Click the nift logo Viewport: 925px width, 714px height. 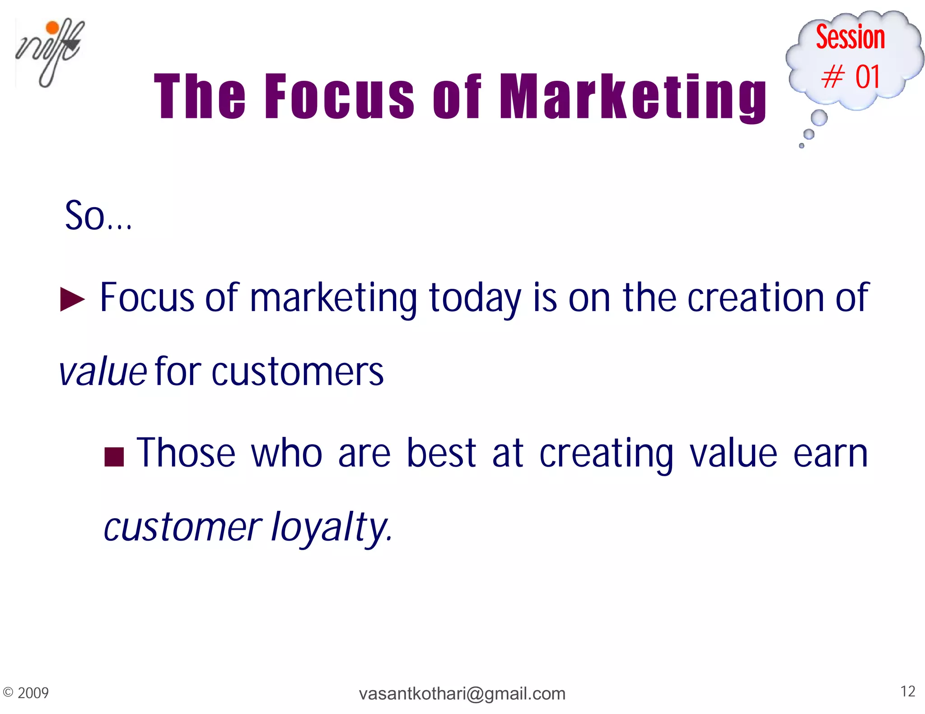pyautogui.click(x=49, y=53)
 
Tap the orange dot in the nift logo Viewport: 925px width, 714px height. pyautogui.click(x=53, y=28)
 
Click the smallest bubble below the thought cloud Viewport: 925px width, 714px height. pyautogui.click(x=802, y=145)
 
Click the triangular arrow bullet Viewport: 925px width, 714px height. pyautogui.click(x=72, y=299)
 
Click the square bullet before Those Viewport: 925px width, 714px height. pyautogui.click(x=114, y=456)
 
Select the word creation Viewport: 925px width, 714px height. pyautogui.click(x=756, y=298)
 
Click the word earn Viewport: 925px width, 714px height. pyautogui.click(x=830, y=454)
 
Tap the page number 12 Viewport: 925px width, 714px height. pyautogui.click(x=907, y=691)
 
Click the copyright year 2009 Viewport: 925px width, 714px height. pyautogui.click(x=33, y=693)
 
